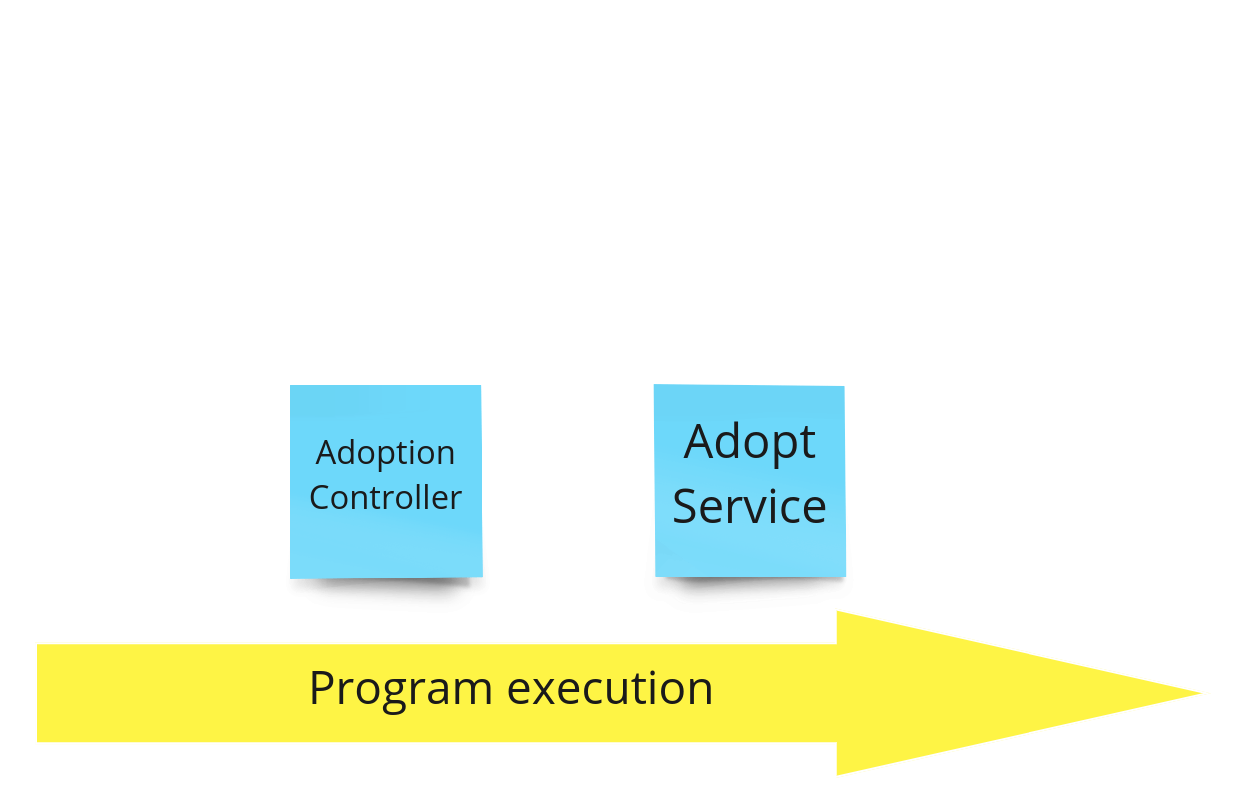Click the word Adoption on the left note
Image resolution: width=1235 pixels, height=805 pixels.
(385, 453)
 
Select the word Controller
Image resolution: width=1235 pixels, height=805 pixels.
(385, 497)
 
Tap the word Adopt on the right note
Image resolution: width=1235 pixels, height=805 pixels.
(749, 442)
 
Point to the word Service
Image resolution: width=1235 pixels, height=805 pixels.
(749, 506)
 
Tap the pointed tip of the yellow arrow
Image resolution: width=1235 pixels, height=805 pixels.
(1207, 693)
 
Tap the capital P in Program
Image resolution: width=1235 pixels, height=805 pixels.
(321, 688)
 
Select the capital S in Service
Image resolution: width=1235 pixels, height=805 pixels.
(685, 507)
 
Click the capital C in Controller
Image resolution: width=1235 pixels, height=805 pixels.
(320, 497)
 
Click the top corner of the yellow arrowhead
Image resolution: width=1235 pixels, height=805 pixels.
(836, 611)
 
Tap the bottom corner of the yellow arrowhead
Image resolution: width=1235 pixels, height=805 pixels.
(836, 775)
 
